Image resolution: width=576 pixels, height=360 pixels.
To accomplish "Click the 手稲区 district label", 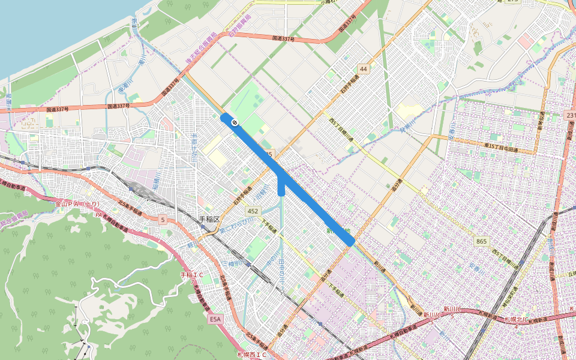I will point(211,220).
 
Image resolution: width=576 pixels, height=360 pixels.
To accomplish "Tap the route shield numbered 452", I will point(252,211).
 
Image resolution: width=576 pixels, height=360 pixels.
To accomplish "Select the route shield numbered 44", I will point(364,70).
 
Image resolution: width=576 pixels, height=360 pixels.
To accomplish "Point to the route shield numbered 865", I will point(482,241).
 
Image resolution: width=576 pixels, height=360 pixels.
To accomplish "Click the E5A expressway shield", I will point(216,320).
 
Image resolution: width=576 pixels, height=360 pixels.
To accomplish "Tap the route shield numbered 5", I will point(163,220).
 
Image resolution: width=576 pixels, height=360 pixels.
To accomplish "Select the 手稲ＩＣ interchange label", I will point(192,275).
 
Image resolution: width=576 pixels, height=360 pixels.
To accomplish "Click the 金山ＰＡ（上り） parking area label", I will point(77,204).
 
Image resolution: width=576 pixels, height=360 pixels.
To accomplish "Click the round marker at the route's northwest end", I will point(235,123).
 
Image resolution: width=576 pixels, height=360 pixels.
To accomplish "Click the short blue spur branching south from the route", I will point(281,188).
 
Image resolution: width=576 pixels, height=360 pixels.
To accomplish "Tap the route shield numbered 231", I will point(570,115).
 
